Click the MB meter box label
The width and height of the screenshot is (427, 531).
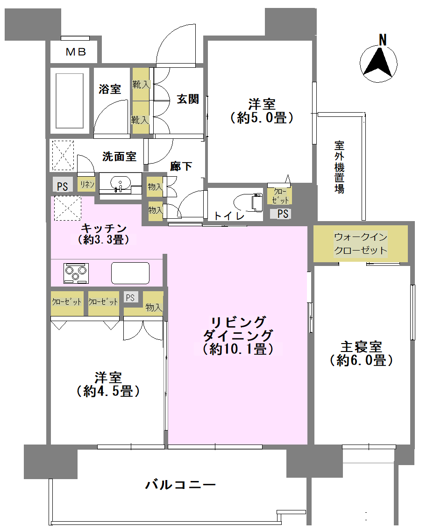(76, 52)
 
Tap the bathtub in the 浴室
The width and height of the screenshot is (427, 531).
(70, 101)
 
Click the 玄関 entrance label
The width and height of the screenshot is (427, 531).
(188, 99)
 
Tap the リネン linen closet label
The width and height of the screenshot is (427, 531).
(87, 184)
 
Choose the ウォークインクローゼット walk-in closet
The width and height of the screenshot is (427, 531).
(361, 244)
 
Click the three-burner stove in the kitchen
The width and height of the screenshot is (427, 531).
(76, 273)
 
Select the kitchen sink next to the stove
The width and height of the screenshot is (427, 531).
(130, 273)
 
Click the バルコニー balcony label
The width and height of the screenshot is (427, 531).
(180, 485)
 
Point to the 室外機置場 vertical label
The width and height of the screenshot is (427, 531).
(339, 167)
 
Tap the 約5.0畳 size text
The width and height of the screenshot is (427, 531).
(262, 118)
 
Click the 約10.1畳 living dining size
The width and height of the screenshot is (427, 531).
(238, 349)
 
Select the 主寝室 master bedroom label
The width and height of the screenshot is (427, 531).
(361, 346)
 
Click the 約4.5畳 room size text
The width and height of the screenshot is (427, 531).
(108, 391)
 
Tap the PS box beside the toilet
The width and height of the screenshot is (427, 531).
(280, 214)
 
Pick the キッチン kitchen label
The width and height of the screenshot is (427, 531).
(104, 228)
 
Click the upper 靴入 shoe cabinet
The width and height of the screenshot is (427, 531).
(141, 84)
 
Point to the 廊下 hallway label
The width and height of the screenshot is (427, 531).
(181, 166)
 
